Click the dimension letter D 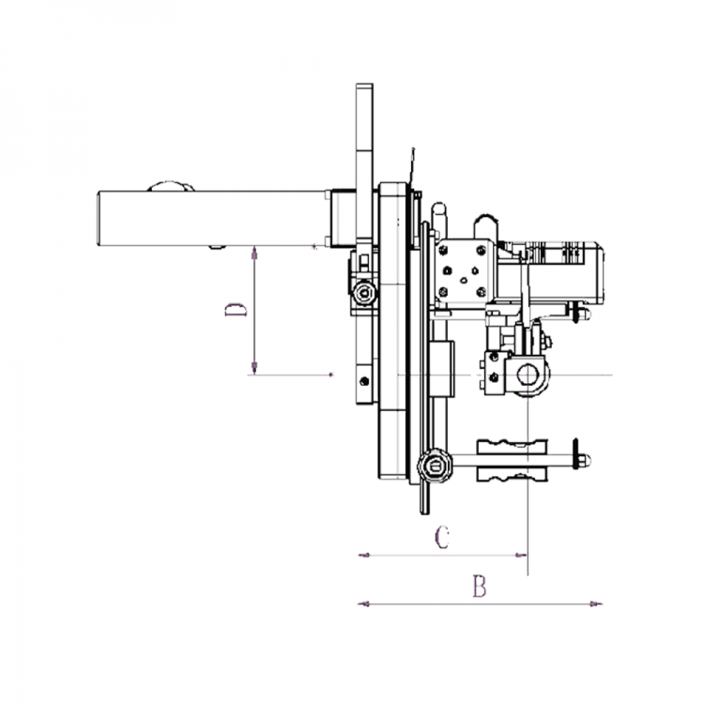(236, 310)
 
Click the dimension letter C (442, 538)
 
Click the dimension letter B (480, 586)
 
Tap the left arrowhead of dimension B (363, 604)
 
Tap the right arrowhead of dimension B (597, 604)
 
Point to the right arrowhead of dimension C (521, 556)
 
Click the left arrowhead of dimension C (364, 556)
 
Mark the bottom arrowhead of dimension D (254, 368)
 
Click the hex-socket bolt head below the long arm (363, 294)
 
